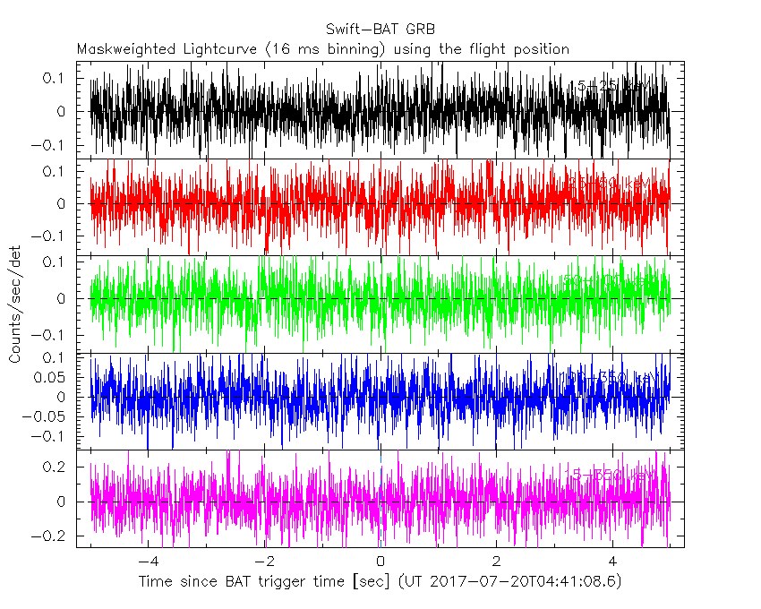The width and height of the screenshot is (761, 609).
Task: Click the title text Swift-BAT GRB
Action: point(380,30)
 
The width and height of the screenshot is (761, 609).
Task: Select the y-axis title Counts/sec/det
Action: point(15,304)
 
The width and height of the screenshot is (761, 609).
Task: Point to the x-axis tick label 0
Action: point(380,562)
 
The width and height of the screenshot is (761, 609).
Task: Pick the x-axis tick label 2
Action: point(497,562)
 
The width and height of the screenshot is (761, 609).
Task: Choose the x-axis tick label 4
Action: point(612,562)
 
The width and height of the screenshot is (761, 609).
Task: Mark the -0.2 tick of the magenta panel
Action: point(55,536)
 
